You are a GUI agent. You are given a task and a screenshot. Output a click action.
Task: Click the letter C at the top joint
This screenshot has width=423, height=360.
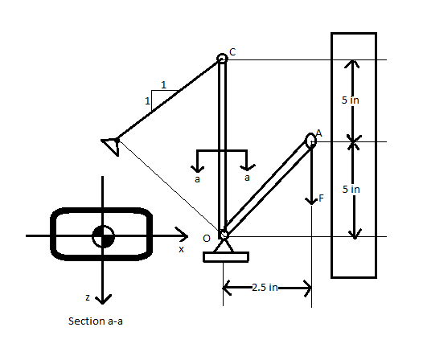click(232, 52)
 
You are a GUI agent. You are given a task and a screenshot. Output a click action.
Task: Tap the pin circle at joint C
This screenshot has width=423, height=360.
click(223, 59)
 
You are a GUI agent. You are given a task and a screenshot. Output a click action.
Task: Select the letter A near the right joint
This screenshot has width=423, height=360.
click(318, 133)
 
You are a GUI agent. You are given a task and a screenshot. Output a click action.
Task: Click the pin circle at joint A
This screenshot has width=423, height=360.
click(311, 141)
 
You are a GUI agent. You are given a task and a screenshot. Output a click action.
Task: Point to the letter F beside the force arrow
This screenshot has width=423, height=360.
click(322, 198)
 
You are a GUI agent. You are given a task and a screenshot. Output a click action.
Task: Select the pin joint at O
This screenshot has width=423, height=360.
click(224, 235)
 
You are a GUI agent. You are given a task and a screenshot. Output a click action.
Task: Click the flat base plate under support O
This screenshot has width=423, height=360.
click(225, 257)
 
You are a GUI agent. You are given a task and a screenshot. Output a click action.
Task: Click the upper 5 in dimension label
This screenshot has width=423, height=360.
click(350, 100)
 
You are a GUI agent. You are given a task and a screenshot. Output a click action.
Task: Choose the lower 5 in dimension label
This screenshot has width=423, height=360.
click(350, 190)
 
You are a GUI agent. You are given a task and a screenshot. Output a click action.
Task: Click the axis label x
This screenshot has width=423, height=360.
click(181, 249)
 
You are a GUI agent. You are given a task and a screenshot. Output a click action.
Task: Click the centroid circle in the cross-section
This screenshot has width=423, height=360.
click(102, 236)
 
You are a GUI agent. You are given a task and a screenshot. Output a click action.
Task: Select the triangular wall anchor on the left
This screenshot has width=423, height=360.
click(110, 144)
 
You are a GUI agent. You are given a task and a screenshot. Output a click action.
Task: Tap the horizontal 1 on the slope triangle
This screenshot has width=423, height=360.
click(164, 84)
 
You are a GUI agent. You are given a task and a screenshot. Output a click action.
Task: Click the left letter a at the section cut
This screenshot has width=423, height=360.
click(198, 179)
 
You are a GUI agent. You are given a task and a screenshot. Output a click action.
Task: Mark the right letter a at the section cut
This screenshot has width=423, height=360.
click(247, 178)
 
